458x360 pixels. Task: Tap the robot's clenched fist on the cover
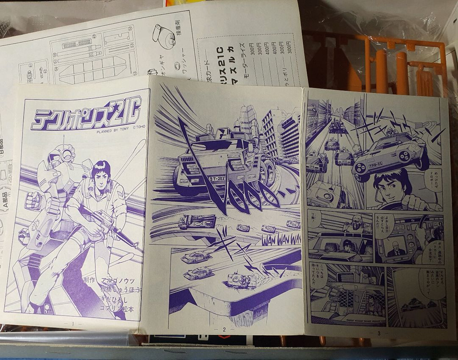click(x=34, y=201)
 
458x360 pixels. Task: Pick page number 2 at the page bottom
click(x=223, y=329)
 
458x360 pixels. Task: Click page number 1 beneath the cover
click(x=73, y=324)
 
